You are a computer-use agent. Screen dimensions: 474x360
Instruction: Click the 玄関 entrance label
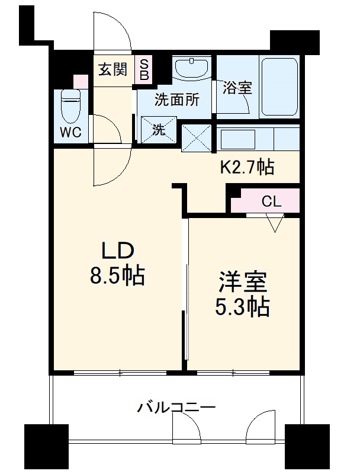112,70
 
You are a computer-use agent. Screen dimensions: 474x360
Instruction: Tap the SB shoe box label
144,70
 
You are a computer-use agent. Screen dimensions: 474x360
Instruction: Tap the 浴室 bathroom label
237,88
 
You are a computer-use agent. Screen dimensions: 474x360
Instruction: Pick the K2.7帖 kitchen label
247,168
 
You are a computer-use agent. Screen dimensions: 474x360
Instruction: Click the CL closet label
271,201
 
